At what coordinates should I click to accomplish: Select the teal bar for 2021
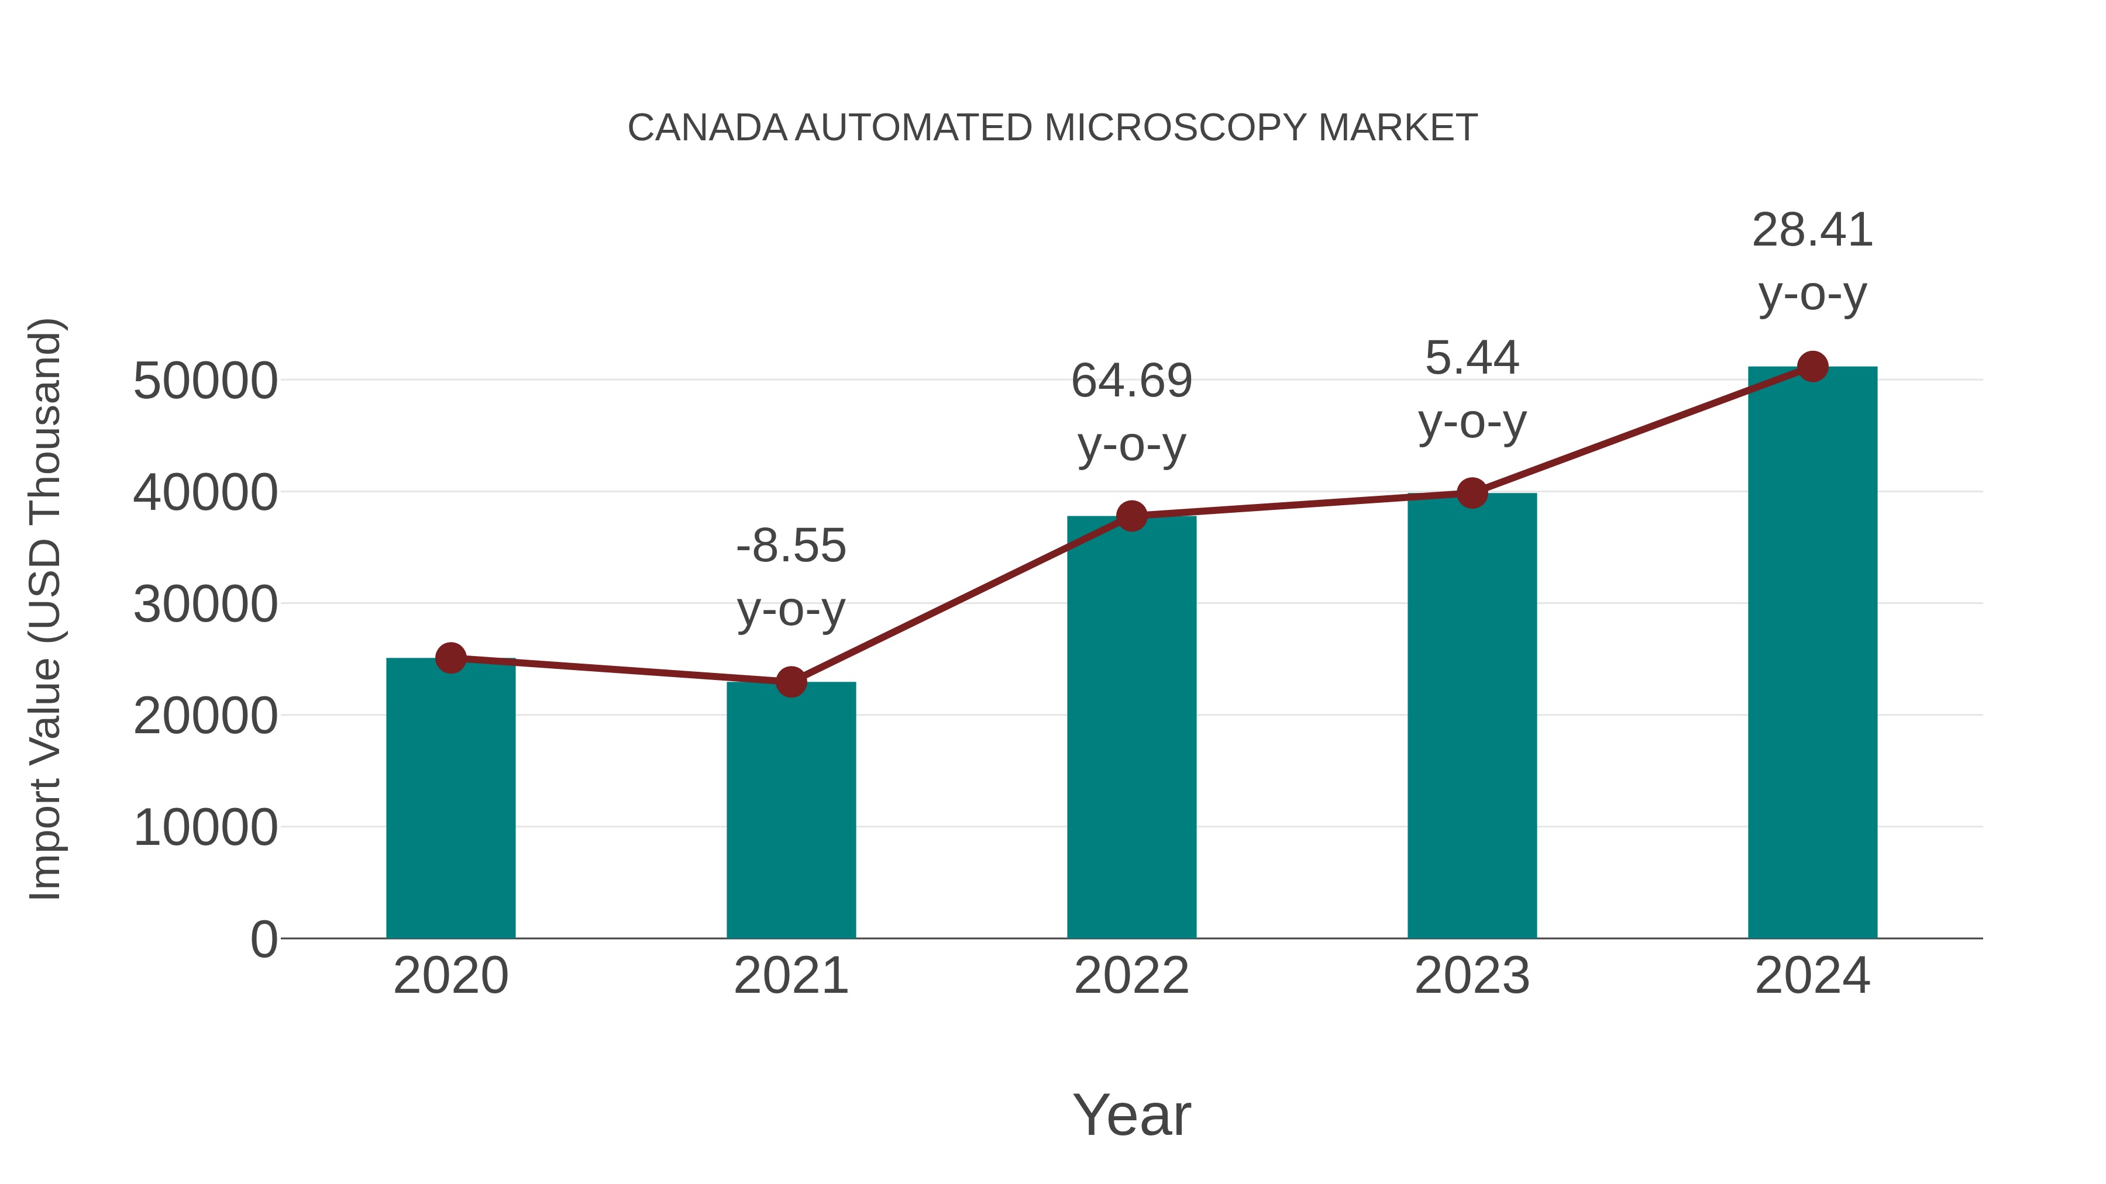click(790, 810)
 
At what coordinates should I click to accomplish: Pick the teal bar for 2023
click(1472, 715)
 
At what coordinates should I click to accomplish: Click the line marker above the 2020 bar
click(450, 658)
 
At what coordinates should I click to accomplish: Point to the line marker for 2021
click(790, 682)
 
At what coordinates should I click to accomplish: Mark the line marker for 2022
click(1131, 516)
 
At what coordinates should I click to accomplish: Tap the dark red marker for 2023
click(1472, 493)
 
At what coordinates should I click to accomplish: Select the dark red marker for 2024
click(1812, 367)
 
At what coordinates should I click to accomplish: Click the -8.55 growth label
click(790, 546)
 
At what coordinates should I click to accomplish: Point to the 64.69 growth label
click(1131, 381)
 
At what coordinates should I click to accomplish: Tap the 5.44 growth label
click(1472, 358)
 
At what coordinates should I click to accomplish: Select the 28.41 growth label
click(1812, 230)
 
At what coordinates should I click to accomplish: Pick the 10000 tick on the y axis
click(205, 828)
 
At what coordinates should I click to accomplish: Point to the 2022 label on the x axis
click(1131, 976)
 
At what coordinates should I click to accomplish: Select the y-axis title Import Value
click(45, 609)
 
